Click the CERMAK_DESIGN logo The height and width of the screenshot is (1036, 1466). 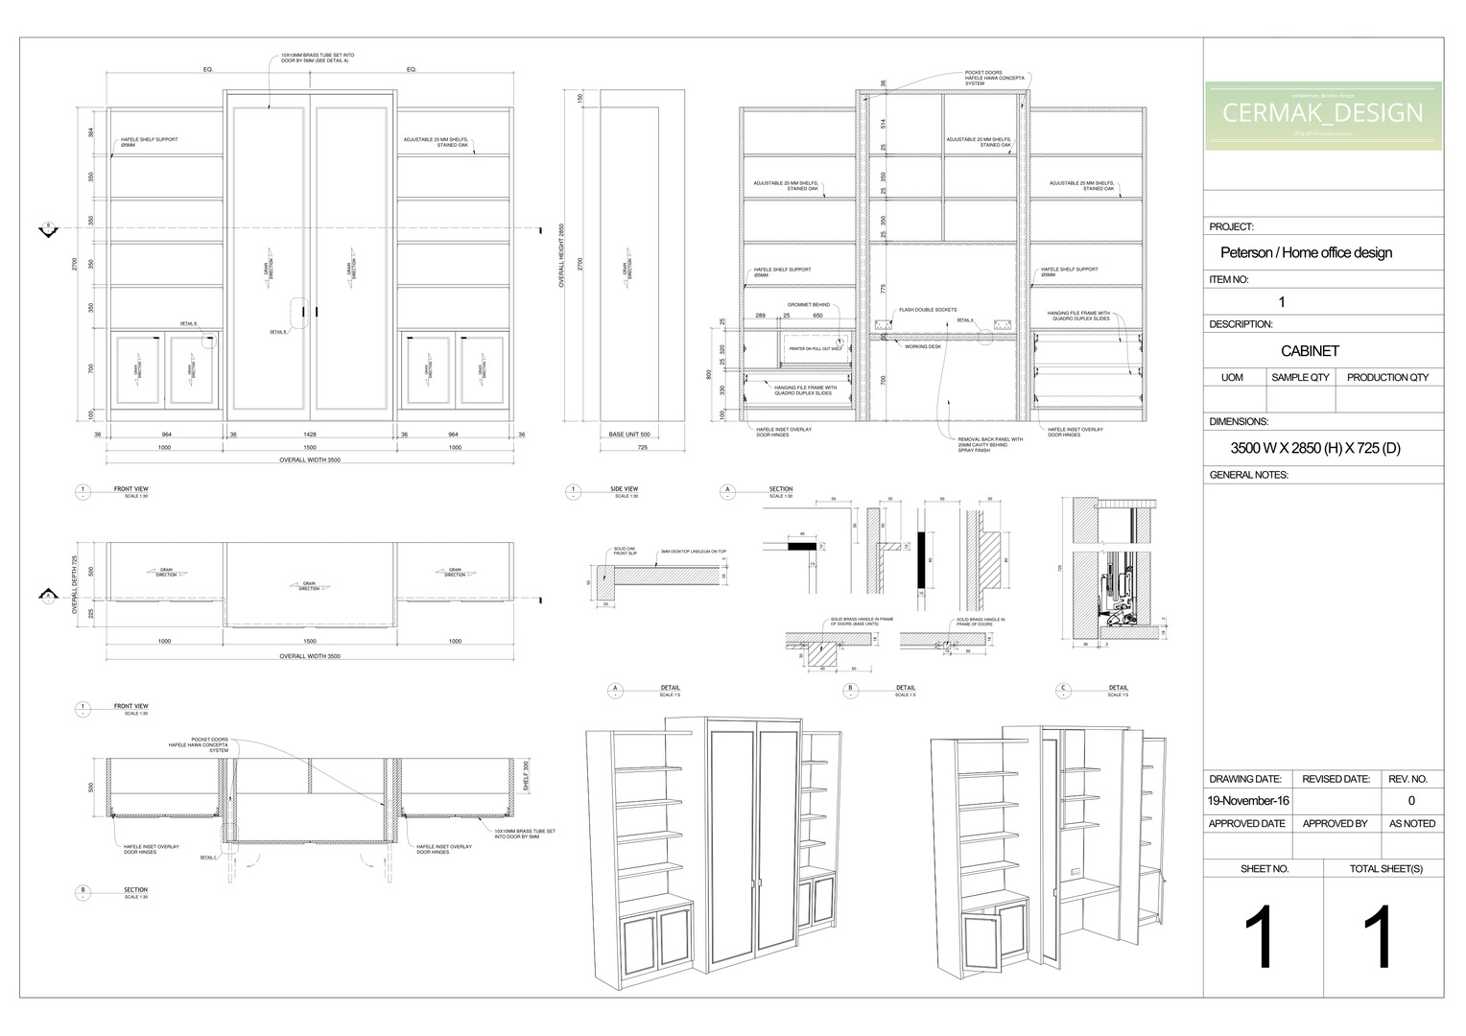(x=1323, y=114)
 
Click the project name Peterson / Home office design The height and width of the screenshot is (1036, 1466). (x=1306, y=253)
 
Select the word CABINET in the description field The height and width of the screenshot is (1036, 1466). (x=1310, y=351)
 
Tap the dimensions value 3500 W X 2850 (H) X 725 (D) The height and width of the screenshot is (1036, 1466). (x=1315, y=448)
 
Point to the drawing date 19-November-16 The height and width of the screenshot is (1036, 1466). (x=1248, y=800)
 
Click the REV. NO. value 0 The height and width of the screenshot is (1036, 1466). (x=1411, y=800)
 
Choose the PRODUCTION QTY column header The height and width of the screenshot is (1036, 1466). (x=1387, y=377)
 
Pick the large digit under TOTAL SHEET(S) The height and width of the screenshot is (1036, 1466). (x=1379, y=938)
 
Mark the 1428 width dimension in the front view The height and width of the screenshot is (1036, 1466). (x=310, y=435)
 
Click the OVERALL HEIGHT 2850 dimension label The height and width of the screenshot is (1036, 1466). (x=562, y=255)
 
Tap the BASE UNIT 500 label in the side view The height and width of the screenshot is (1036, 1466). (x=629, y=435)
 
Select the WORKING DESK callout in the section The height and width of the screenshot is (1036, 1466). (x=923, y=346)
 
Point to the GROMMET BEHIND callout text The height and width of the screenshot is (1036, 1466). (x=809, y=305)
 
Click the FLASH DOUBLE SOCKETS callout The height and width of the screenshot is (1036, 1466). (x=928, y=310)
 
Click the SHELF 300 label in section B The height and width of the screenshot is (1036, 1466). (x=526, y=775)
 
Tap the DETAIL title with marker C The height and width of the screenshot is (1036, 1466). (x=1119, y=688)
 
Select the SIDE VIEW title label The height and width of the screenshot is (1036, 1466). (x=624, y=489)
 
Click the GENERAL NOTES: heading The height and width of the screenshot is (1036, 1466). (x=1248, y=475)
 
